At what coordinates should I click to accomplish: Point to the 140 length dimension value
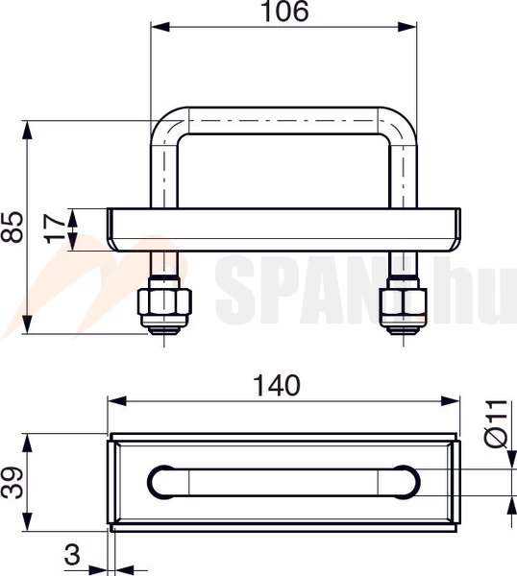[x=277, y=384]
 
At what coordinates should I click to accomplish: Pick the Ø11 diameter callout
[x=496, y=424]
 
